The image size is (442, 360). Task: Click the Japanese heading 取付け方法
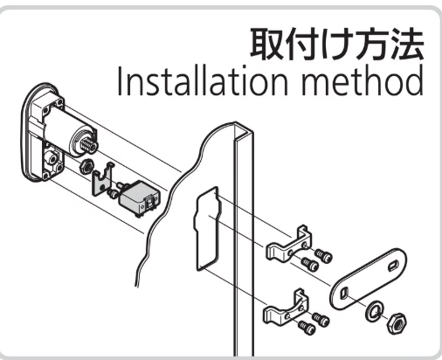(337, 44)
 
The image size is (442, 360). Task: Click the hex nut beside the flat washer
(397, 323)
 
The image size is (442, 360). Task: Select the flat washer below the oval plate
(375, 311)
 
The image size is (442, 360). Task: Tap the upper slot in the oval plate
(393, 266)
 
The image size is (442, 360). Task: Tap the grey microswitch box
(139, 197)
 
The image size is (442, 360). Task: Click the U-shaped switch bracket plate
(102, 179)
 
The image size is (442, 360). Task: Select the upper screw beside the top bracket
(323, 255)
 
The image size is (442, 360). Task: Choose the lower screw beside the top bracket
(309, 263)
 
